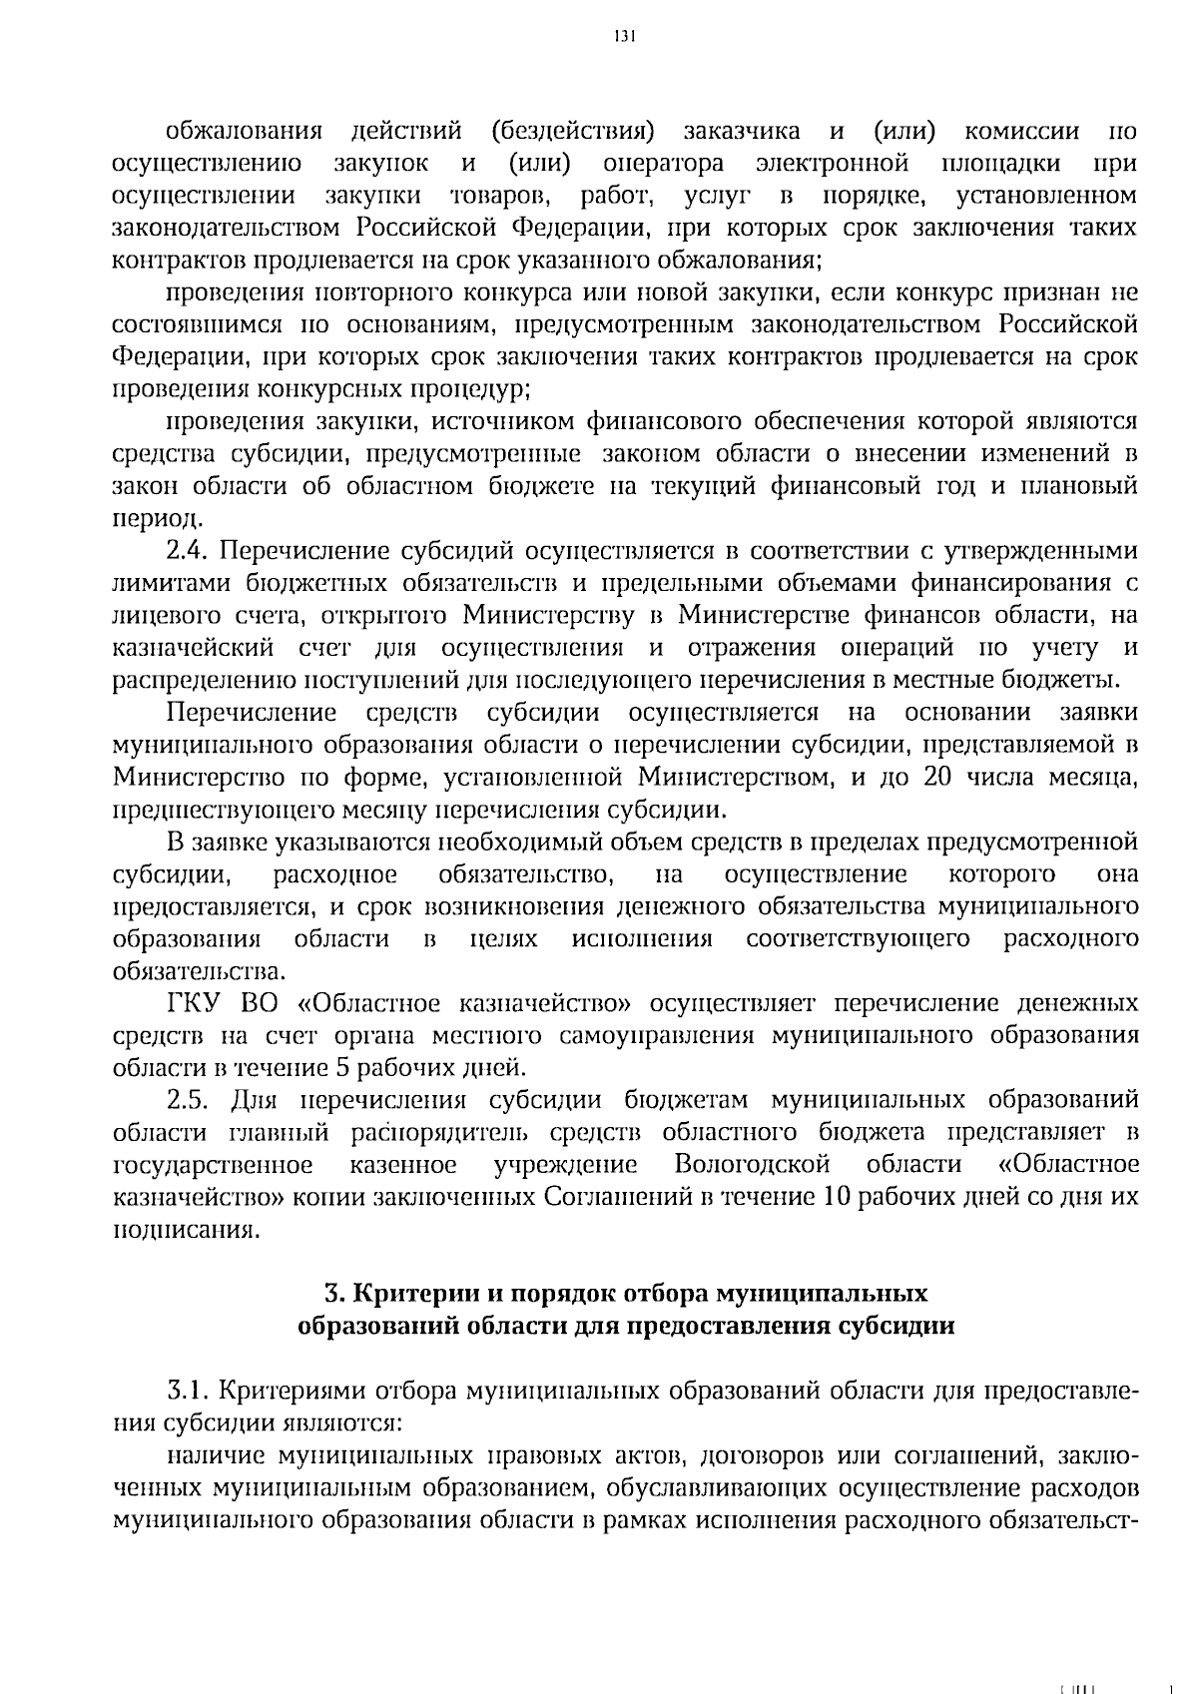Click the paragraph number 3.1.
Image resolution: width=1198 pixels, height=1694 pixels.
(187, 1390)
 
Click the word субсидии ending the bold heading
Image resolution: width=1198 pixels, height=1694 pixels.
(896, 1327)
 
